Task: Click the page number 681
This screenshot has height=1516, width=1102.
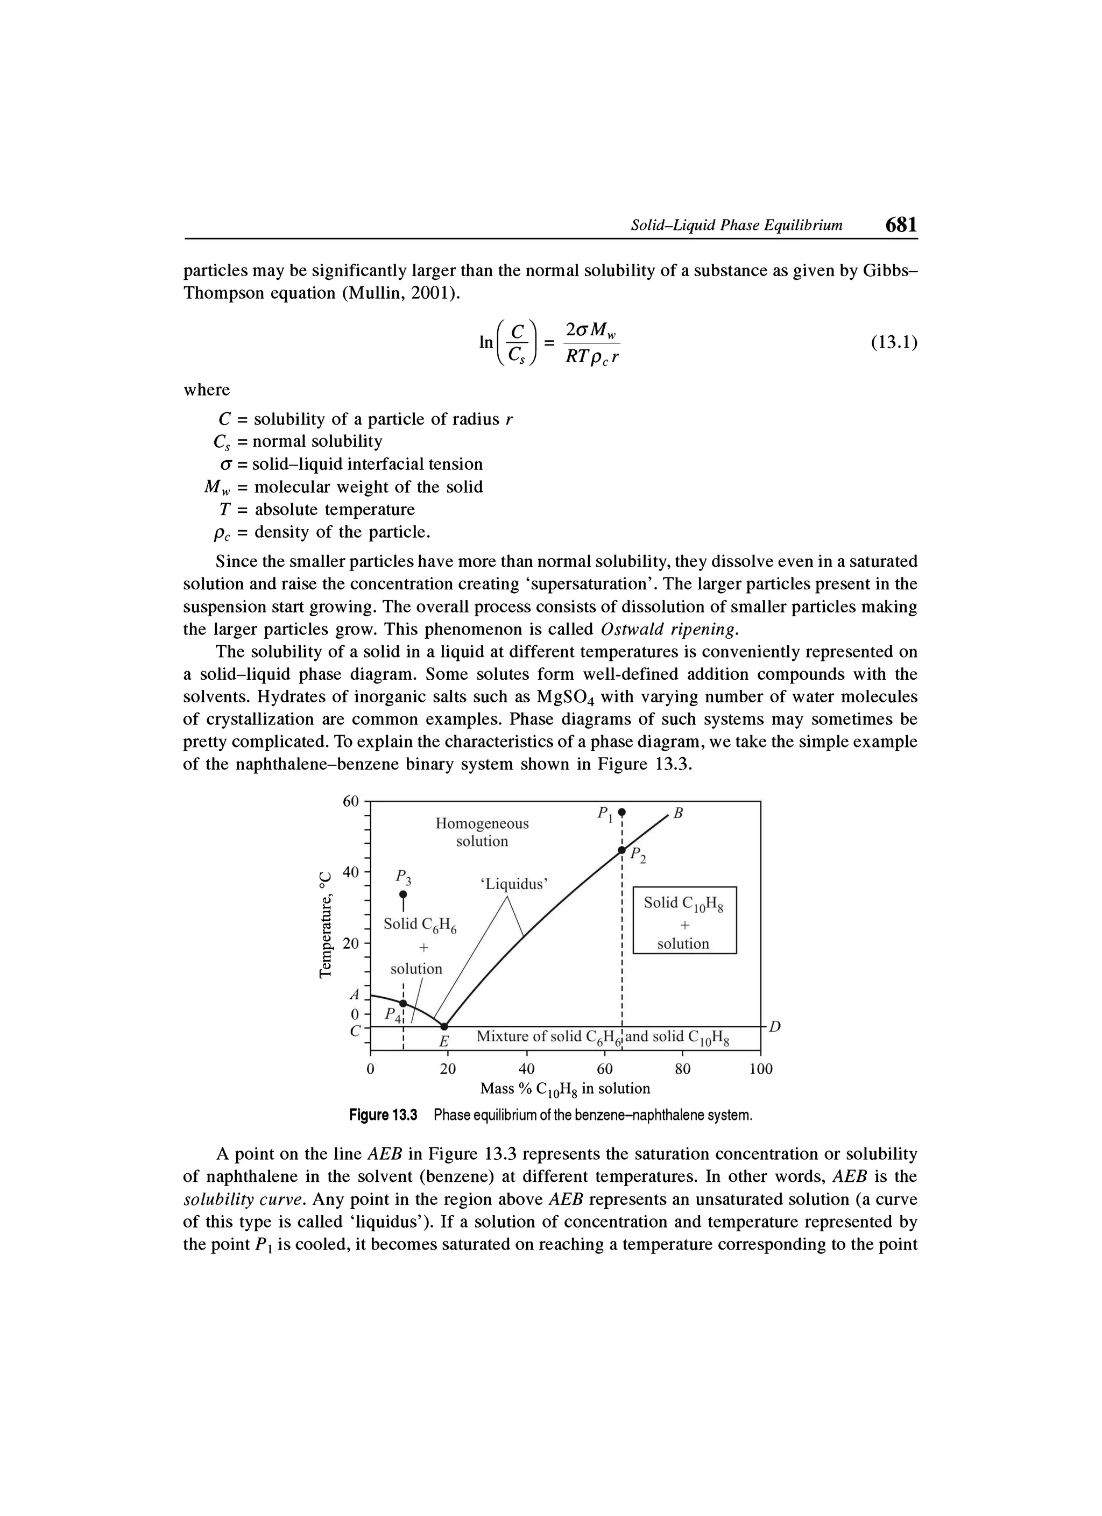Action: [901, 224]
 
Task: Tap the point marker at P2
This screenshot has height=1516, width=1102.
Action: [621, 850]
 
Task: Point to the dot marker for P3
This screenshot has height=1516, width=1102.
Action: [403, 894]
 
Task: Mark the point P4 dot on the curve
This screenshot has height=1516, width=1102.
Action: [403, 1003]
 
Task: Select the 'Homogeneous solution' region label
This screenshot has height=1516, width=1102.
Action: [482, 832]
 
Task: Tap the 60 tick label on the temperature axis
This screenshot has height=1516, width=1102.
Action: [351, 801]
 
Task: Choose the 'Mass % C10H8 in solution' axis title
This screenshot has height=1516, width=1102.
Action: [564, 1089]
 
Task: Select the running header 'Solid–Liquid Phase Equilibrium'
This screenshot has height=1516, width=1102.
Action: [737, 226]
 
